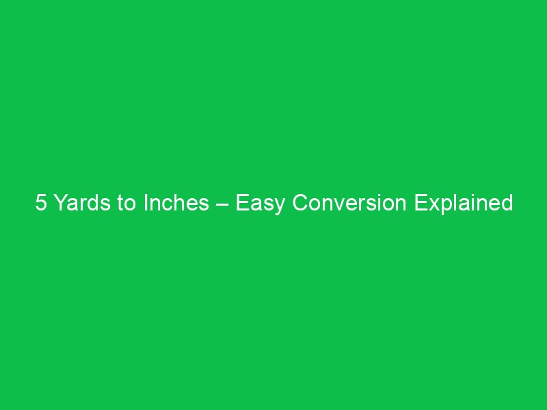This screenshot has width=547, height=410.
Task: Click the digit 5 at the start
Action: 40,204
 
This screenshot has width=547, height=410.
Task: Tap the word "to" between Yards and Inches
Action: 126,204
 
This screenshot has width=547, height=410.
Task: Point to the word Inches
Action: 176,204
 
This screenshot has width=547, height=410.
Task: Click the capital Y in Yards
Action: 59,204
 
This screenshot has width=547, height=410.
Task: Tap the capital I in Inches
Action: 145,204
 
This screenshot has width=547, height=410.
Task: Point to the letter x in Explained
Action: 429,205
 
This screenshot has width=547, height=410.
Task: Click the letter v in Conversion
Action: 336,205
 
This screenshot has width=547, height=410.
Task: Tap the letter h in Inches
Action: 178,204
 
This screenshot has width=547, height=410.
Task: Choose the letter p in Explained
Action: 440,206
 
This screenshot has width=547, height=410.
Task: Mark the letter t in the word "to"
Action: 121,204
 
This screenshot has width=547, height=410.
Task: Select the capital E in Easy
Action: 242,204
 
